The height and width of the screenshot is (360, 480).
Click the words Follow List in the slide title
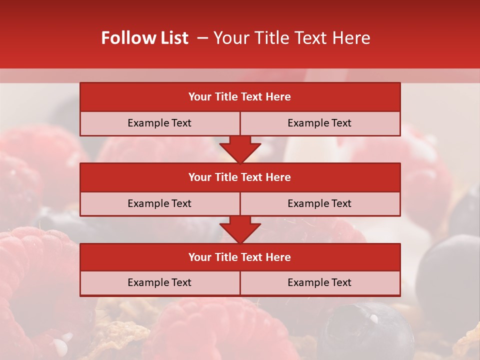(144, 38)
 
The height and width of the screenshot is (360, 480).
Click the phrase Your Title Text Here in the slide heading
(292, 38)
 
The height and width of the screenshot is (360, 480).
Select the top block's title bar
(240, 97)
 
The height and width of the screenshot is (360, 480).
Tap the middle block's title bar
(240, 177)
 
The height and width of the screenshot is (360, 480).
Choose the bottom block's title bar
(240, 257)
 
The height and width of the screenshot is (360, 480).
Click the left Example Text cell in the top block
(159, 123)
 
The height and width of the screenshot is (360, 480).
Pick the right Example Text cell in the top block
(319, 123)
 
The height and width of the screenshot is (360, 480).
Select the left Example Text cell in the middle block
(159, 203)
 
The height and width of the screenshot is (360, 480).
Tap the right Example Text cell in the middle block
(319, 203)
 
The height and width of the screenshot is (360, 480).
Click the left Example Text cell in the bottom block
(159, 283)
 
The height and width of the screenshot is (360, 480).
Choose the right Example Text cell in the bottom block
(319, 283)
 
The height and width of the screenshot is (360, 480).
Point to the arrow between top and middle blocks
(240, 149)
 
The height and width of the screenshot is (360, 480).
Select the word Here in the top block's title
(278, 97)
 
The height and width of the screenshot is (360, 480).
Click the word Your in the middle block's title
(199, 177)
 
